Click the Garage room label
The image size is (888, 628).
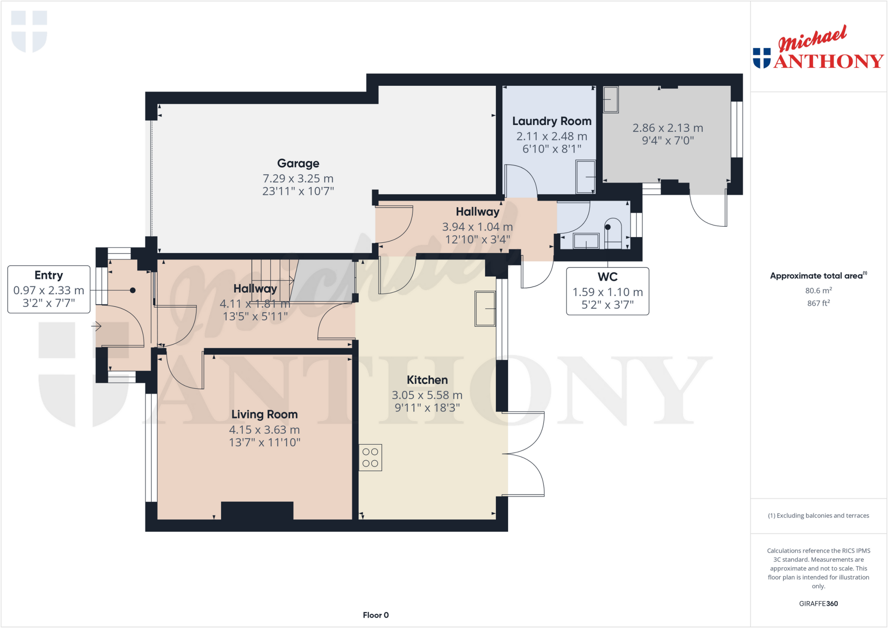point(298,163)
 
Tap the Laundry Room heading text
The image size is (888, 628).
point(552,121)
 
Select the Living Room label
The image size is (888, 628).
point(264,415)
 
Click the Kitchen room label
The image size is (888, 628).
point(427,380)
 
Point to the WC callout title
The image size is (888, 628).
point(607,277)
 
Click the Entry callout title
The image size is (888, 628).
point(49,276)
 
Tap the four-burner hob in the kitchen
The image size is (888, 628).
point(370,458)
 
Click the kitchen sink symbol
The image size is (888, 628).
point(485,309)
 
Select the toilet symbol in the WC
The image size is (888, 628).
point(612,234)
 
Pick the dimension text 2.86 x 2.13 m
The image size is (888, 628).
point(668,128)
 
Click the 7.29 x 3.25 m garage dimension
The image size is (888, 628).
point(298,179)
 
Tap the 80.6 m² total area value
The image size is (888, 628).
point(818,290)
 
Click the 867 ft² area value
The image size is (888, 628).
point(818,303)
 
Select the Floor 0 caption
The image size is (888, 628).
point(375,615)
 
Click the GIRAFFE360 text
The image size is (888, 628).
point(818,603)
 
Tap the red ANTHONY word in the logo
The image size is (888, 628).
point(828,62)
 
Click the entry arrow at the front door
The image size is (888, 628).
point(96,326)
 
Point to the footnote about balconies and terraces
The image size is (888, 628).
point(818,516)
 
